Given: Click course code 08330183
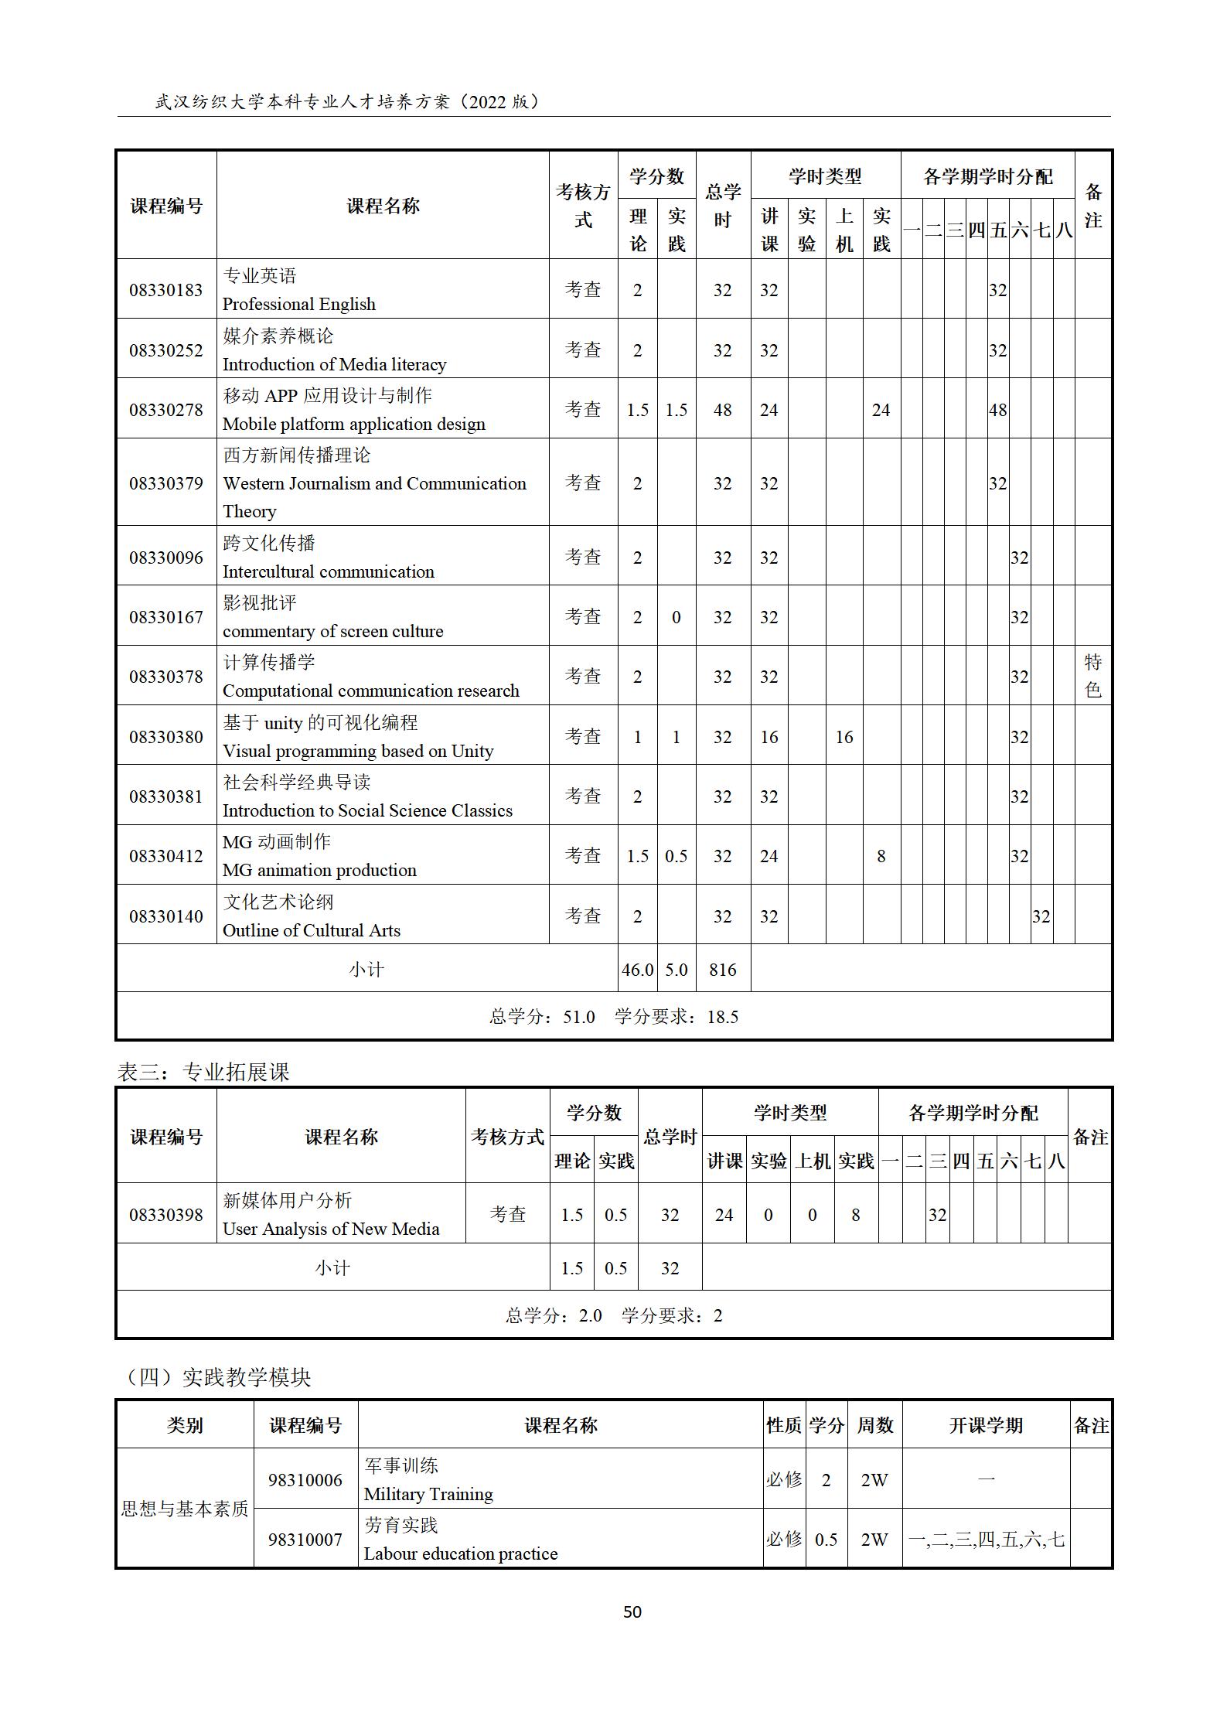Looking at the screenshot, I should coord(165,290).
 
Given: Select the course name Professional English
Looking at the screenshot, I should coord(298,304).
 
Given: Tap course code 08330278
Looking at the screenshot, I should coord(165,410).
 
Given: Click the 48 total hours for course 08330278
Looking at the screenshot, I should coord(722,410).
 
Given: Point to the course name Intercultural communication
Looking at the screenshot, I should coord(328,571).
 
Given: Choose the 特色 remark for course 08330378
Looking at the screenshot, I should coord(1092,676).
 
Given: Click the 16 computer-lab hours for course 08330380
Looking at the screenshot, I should coord(844,737).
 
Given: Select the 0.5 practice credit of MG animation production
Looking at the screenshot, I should coord(676,856).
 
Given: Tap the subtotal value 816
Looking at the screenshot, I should coord(722,970).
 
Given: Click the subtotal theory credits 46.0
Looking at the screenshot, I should coord(637,970).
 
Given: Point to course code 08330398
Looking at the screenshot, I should coord(165,1215).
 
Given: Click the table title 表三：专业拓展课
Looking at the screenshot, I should coord(203,1072).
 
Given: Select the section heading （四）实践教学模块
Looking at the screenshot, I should coord(219,1376).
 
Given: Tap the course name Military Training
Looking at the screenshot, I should coord(428,1494).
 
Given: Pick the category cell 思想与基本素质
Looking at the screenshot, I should coord(185,1509).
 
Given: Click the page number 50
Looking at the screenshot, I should coord(632,1612).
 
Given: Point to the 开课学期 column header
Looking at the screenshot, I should coord(986,1425).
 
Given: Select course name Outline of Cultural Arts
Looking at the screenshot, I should coord(311,930).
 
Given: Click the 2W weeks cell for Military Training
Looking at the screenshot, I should coord(874,1480).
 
